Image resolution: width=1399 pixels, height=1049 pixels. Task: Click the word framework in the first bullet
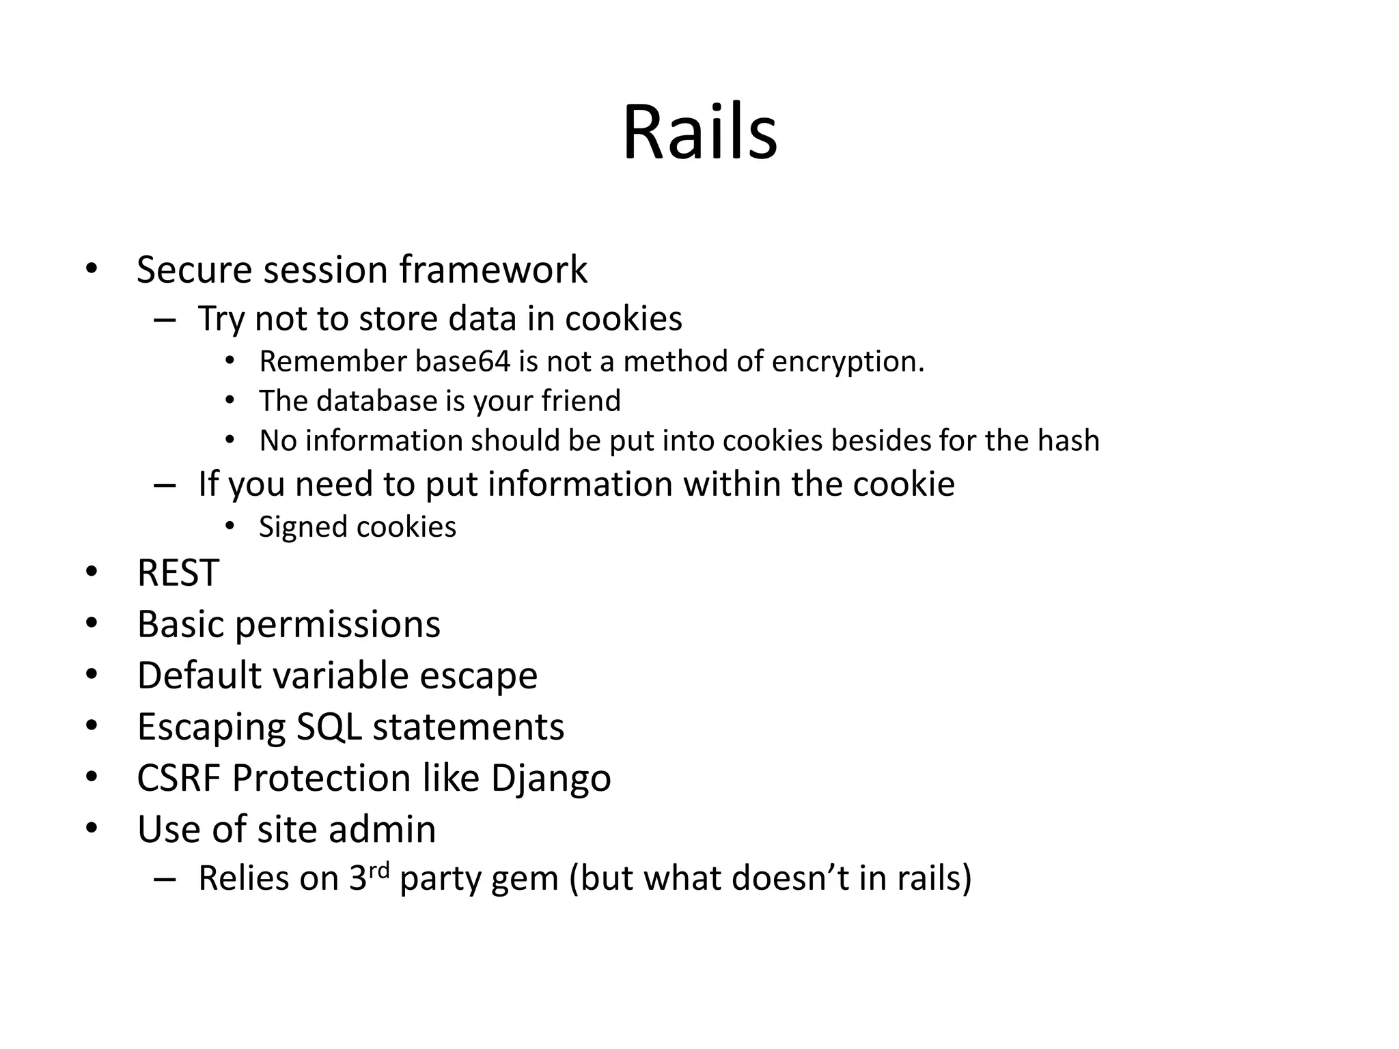493,269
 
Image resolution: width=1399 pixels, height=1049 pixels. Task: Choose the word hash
1068,440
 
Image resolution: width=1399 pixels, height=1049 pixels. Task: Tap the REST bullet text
178,572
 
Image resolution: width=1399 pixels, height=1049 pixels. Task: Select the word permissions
337,624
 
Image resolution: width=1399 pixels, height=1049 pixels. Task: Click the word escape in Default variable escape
478,675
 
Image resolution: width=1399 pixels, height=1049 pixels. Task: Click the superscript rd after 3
379,870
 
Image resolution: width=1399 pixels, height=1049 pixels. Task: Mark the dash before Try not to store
165,320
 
